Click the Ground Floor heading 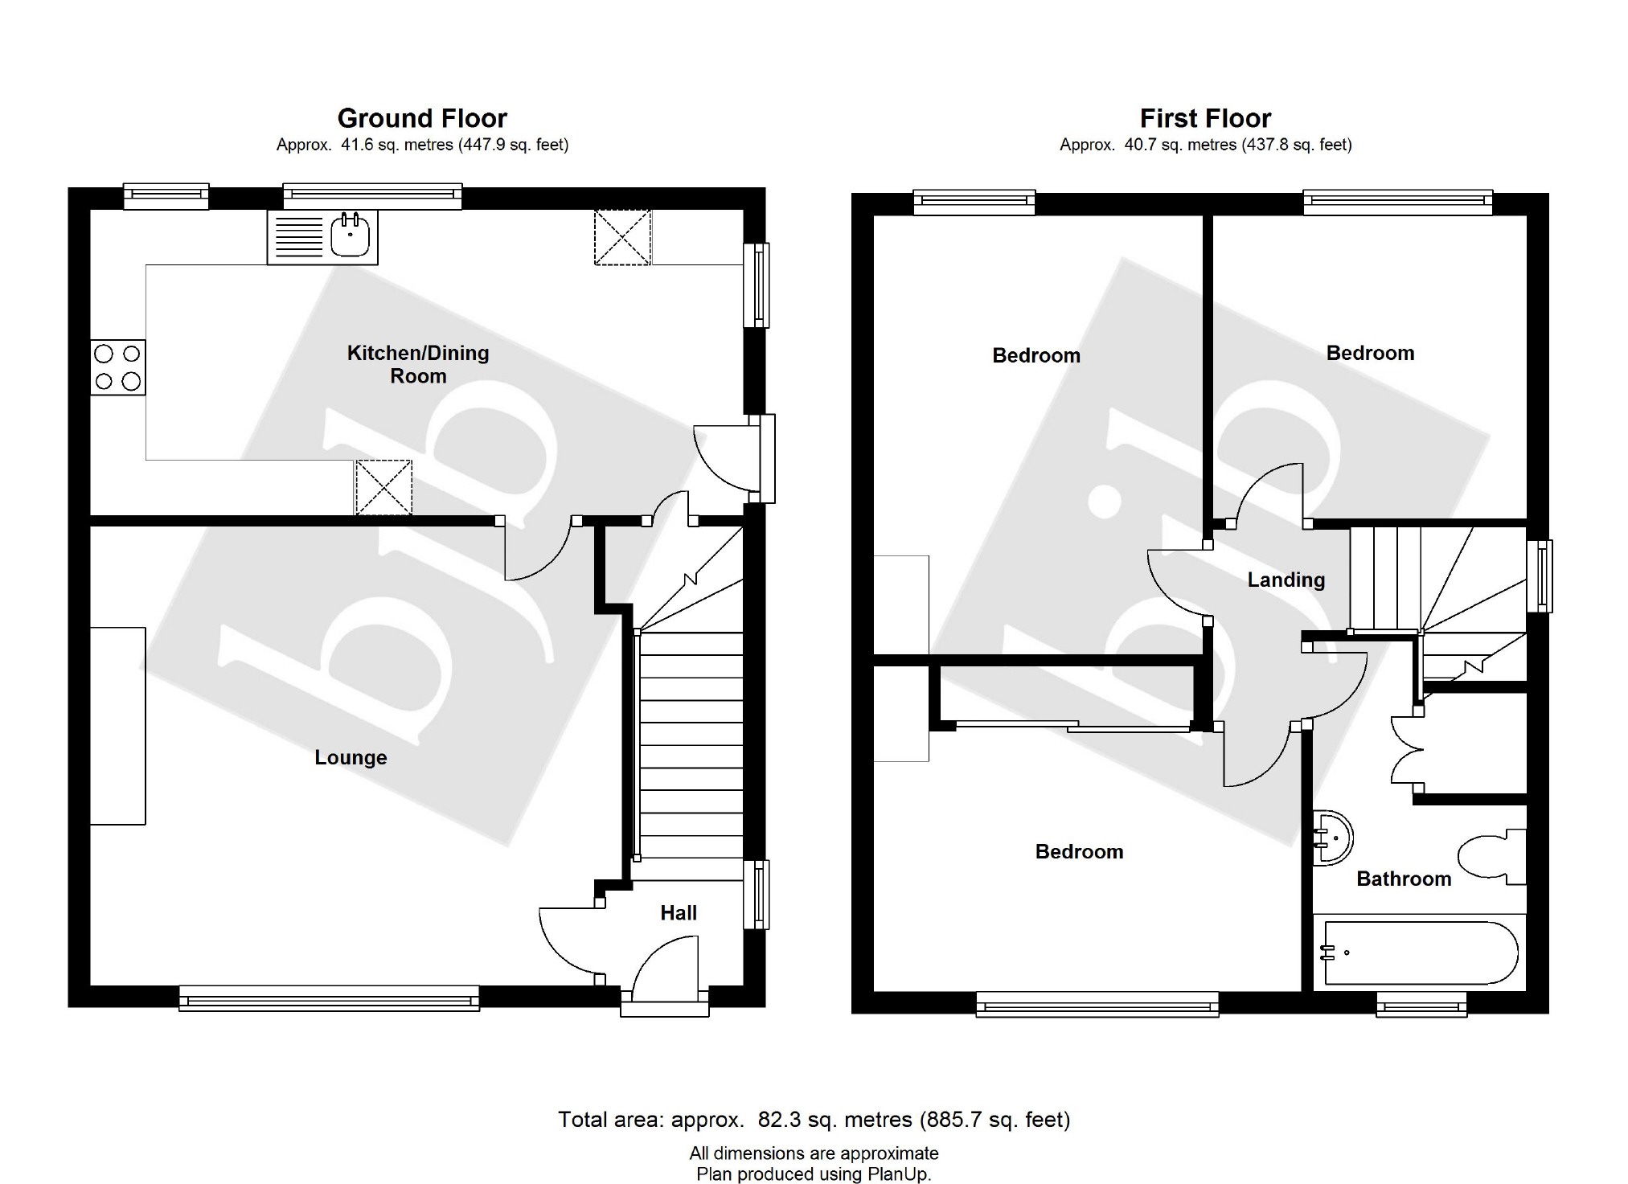tap(422, 119)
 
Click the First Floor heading tap(1205, 119)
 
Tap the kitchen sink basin tap(351, 235)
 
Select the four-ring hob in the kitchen tap(117, 367)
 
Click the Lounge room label tap(351, 757)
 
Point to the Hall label tap(678, 912)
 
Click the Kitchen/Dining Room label tap(418, 364)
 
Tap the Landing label tap(1286, 580)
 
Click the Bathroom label tap(1404, 879)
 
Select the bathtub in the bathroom tap(1419, 953)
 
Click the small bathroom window tap(1421, 1004)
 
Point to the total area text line tap(814, 1119)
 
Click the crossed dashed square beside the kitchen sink tap(622, 237)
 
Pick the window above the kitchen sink tap(372, 195)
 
